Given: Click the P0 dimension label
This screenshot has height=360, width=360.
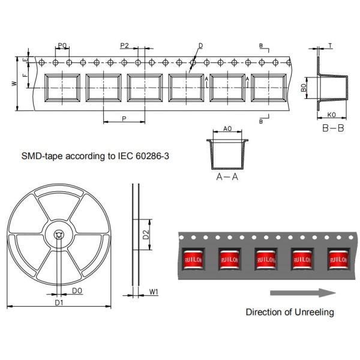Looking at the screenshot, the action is click(x=62, y=46).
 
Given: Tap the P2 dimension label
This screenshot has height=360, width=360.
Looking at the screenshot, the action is click(x=124, y=46).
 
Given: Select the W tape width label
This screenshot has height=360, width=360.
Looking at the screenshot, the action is click(x=14, y=83).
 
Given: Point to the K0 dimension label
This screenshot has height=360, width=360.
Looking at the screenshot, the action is click(x=331, y=115).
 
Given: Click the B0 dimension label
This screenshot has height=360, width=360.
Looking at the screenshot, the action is click(x=304, y=88).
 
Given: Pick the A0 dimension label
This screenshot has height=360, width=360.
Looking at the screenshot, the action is click(x=227, y=129).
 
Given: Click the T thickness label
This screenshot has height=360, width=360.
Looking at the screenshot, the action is click(x=330, y=46).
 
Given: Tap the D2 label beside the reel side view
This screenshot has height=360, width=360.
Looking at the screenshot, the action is click(x=146, y=235).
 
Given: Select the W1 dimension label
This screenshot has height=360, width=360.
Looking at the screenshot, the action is click(x=154, y=292).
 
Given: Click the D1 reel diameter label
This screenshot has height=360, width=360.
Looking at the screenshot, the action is click(x=59, y=302).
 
